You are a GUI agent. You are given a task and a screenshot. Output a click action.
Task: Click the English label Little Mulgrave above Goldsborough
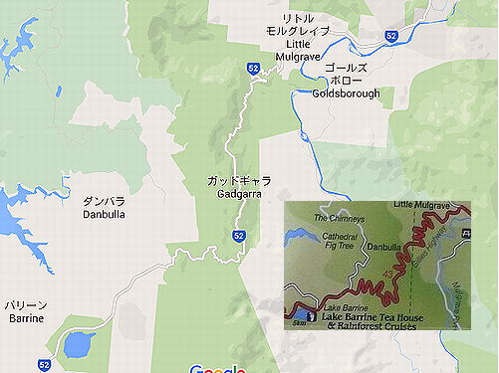point(286,51)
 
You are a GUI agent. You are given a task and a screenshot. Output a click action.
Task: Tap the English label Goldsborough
point(346,93)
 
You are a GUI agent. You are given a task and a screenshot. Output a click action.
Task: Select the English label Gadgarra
point(237,195)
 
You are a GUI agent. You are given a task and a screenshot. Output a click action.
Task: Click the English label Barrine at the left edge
point(23,318)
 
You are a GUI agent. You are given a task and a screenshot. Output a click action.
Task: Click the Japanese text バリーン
point(24,304)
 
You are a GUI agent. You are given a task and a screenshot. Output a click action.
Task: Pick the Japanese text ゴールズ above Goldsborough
point(346,67)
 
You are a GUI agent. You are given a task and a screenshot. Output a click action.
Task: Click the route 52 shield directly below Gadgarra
point(239,236)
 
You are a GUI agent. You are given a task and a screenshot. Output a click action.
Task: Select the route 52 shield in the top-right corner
point(391,36)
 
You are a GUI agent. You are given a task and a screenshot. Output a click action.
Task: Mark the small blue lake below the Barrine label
point(75,345)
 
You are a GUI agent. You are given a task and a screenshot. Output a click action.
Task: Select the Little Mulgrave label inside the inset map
point(423,205)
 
